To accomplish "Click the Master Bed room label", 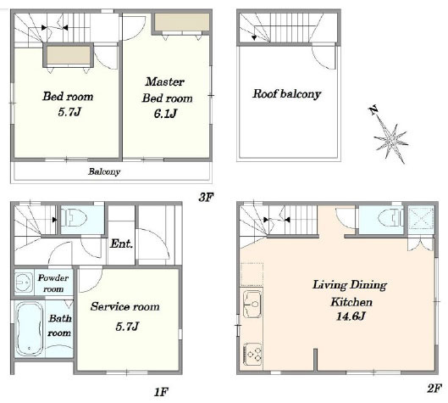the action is click(167, 90).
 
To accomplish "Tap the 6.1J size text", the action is click(165, 114).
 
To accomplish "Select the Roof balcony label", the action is click(286, 94).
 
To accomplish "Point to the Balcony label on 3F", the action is click(104, 171).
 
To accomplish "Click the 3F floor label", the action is click(206, 197).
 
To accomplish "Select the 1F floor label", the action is click(161, 392).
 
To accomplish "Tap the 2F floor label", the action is click(434, 389).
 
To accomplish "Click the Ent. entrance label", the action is click(121, 243).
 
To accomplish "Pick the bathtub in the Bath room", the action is click(30, 328).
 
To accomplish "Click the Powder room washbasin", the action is click(24, 283).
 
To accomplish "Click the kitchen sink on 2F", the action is click(252, 304).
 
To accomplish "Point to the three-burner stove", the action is click(252, 355).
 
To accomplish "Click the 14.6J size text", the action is click(351, 316).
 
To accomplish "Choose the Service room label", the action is click(124, 306).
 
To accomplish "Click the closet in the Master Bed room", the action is click(182, 22).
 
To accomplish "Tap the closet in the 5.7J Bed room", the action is click(69, 55).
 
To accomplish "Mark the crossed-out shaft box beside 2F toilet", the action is click(421, 219).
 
